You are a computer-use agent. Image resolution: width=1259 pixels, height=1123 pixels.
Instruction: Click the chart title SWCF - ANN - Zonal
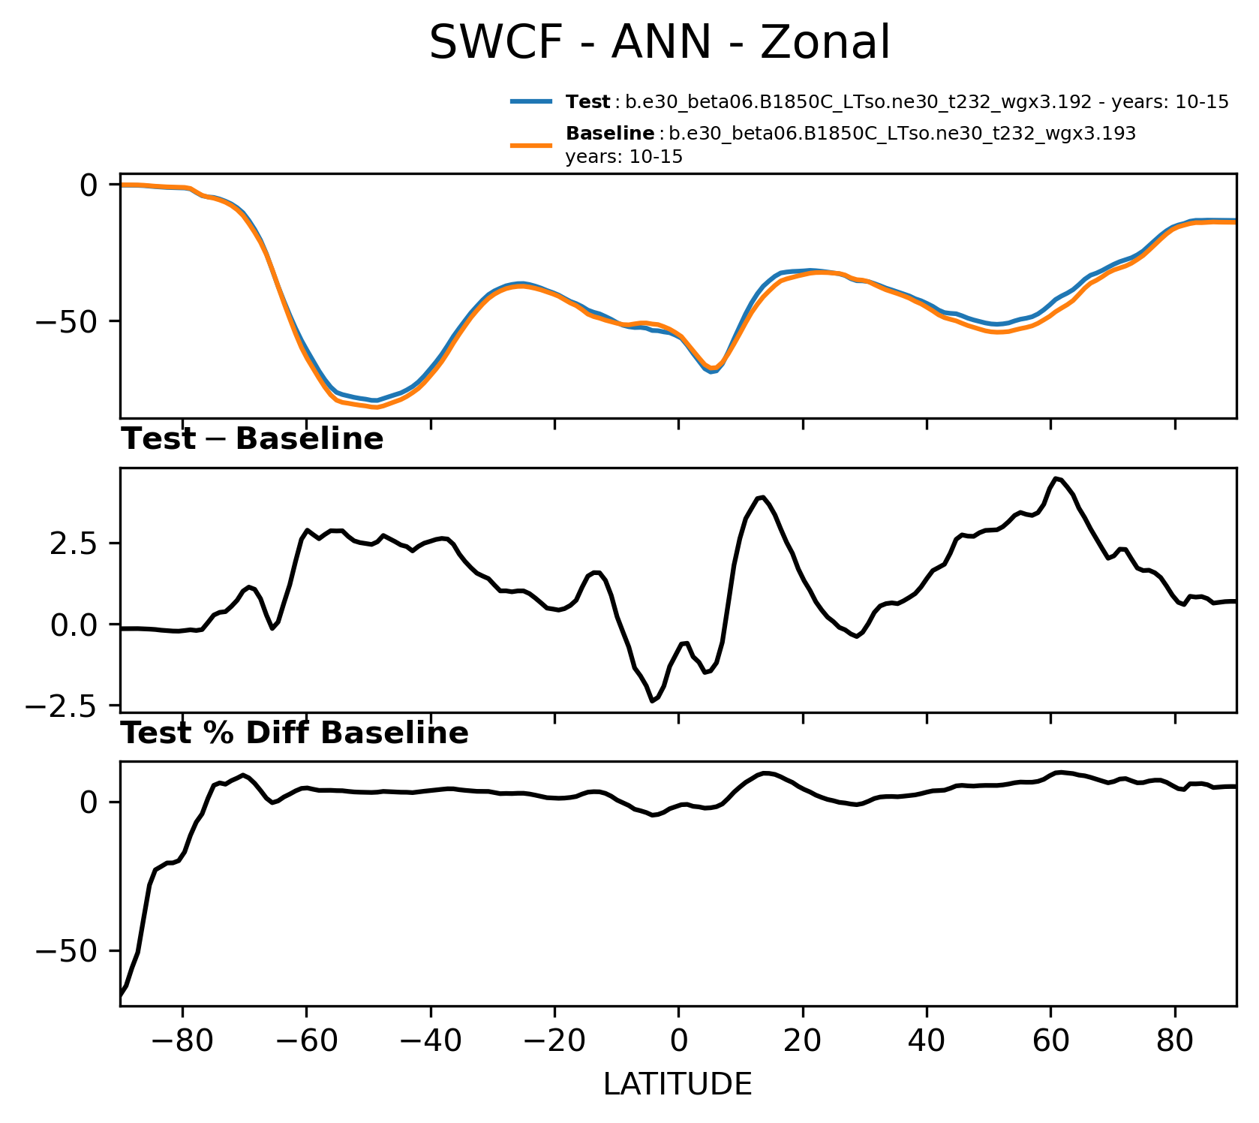coord(660,42)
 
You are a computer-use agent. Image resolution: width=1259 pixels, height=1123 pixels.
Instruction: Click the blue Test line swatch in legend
coord(532,102)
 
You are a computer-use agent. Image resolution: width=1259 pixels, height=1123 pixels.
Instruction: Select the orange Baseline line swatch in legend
coord(532,145)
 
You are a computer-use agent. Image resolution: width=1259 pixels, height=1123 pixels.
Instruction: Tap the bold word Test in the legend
coord(587,102)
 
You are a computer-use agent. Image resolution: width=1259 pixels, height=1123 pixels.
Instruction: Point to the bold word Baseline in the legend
coord(609,134)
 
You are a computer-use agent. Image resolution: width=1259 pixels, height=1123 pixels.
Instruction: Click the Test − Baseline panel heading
coord(252,439)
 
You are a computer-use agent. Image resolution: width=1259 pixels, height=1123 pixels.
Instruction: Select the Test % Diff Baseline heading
coord(295,733)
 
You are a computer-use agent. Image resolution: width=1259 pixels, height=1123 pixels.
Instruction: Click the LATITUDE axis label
coord(678,1084)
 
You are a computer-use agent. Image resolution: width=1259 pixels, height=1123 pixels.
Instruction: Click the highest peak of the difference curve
coord(1056,478)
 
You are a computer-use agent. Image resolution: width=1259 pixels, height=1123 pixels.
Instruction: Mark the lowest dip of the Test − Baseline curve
coord(653,701)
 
